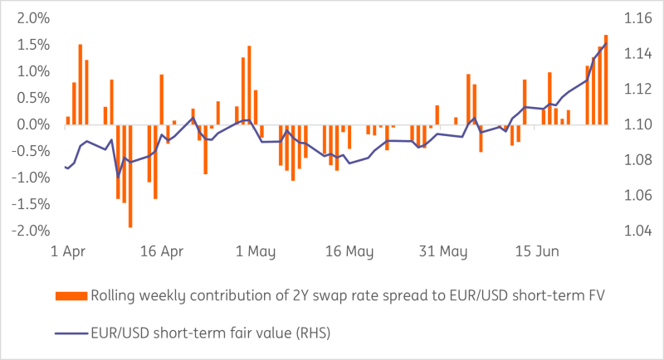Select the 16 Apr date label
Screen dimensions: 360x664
162,251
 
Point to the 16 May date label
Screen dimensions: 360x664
349,251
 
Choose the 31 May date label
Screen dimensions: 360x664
443,251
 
